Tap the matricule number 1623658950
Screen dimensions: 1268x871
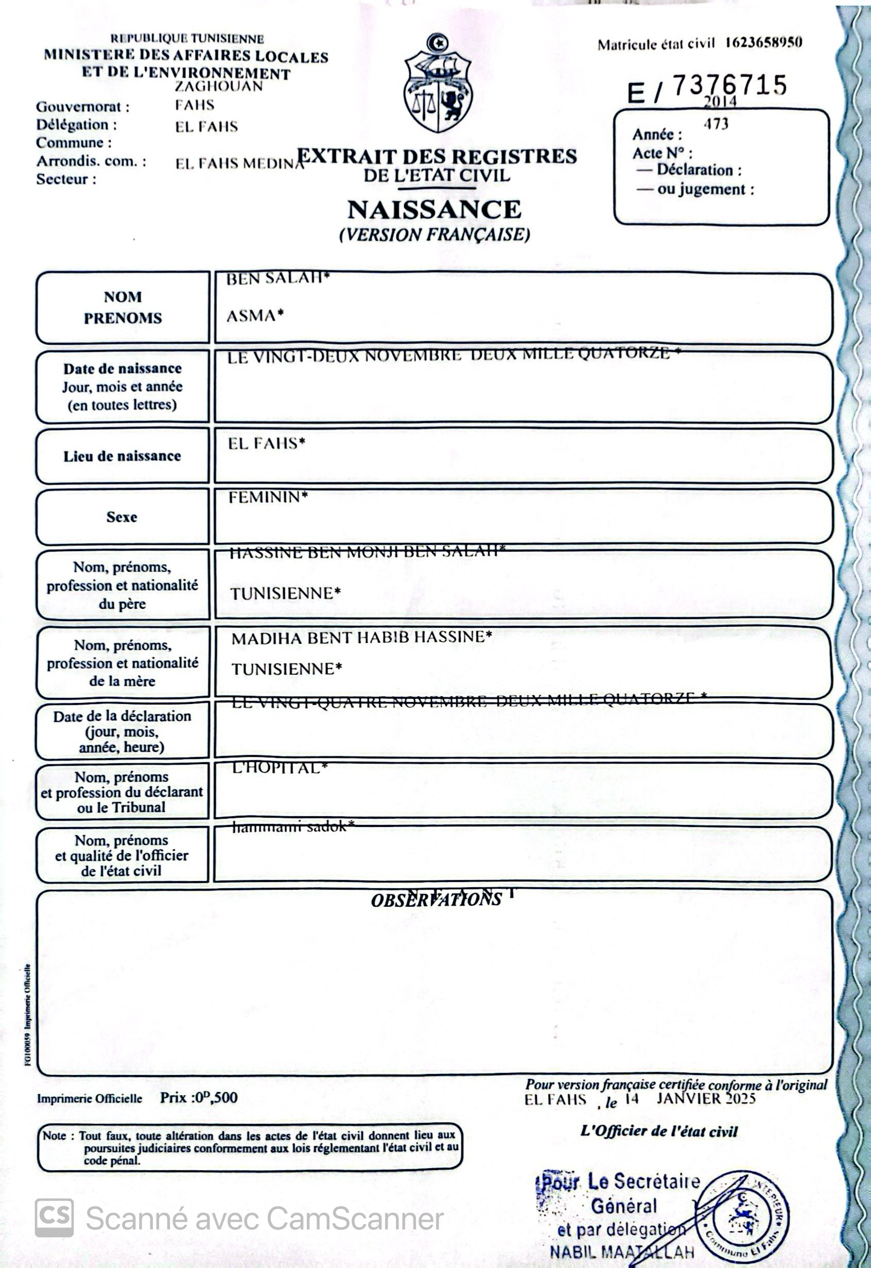(x=763, y=43)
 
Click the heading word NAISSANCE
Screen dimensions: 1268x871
(x=434, y=210)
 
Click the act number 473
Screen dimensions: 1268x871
(x=716, y=125)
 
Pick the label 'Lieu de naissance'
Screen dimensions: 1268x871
(x=122, y=456)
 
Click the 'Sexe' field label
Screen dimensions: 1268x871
(x=121, y=517)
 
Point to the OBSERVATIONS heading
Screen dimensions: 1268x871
(x=436, y=900)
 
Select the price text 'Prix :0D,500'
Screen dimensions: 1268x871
(x=199, y=1097)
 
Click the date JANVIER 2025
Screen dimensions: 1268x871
(x=706, y=1098)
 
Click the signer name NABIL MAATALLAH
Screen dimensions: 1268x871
(x=622, y=1252)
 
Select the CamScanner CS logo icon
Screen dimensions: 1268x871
(x=54, y=1217)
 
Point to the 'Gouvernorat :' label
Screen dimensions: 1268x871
(x=82, y=107)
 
